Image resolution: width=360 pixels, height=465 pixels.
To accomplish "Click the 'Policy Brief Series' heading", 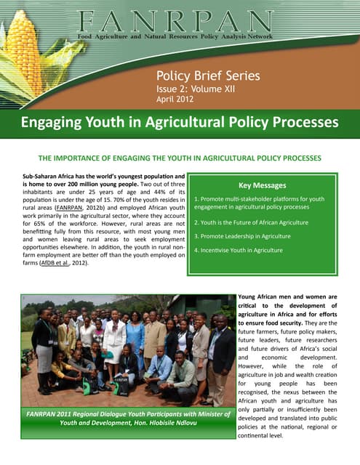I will [208, 76].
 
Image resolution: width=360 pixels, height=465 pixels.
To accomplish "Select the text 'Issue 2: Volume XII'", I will [196, 89].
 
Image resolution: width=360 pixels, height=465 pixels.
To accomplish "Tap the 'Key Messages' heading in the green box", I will [262, 185].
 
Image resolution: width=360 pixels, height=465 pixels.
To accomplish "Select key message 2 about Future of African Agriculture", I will [252, 222].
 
